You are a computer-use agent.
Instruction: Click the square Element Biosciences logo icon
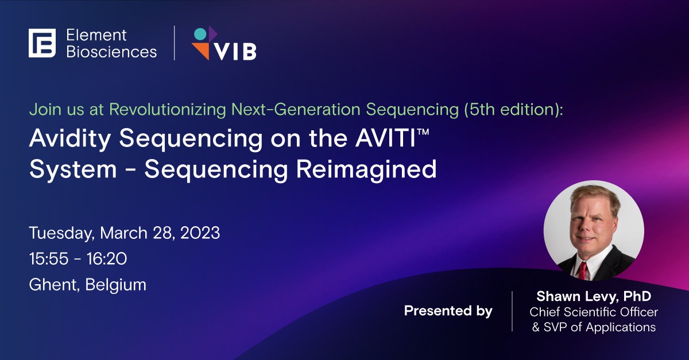42,43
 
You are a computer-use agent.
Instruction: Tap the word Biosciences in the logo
111,52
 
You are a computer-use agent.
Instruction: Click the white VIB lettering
235,52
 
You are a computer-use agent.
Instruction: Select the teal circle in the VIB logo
200,34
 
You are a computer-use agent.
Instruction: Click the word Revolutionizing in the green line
168,110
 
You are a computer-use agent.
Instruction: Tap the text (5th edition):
513,110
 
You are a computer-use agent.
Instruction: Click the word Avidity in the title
70,139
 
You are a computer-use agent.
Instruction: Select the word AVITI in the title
386,138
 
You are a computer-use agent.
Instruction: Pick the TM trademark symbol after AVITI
423,131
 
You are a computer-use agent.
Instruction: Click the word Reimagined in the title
366,170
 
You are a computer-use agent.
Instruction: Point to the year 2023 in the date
200,233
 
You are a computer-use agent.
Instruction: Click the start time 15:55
49,259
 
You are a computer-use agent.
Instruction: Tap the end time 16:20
106,259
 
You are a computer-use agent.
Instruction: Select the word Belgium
115,285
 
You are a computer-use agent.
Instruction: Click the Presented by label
448,311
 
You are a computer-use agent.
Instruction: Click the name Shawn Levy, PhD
594,296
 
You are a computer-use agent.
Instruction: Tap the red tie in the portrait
582,271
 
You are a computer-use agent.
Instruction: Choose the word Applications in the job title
621,328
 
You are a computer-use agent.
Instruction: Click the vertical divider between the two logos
175,43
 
